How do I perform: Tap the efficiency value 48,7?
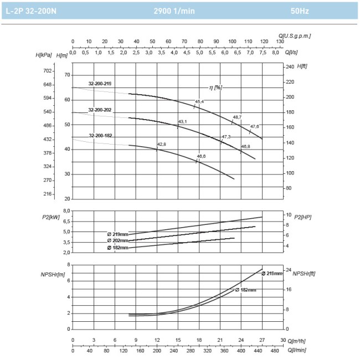click(x=237, y=117)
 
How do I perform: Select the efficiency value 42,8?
click(x=162, y=144)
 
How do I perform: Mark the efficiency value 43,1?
click(x=182, y=121)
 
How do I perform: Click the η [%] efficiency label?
click(x=215, y=88)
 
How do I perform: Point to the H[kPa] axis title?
click(x=43, y=55)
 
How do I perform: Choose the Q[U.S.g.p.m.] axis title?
click(x=295, y=35)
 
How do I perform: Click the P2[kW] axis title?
click(x=50, y=217)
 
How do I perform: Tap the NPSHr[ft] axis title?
click(x=304, y=273)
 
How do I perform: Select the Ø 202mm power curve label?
click(x=118, y=241)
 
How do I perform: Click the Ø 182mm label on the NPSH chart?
click(x=245, y=290)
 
